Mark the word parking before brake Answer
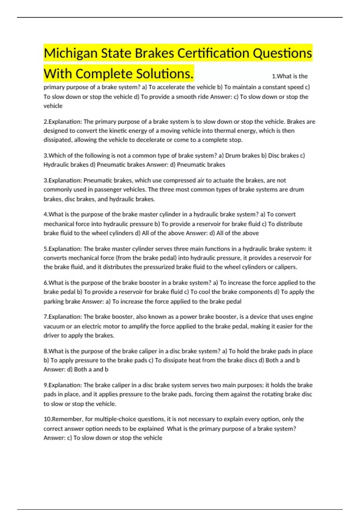pos(54,301)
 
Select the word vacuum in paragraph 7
pos(54,326)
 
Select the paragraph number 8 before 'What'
pos(45,351)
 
